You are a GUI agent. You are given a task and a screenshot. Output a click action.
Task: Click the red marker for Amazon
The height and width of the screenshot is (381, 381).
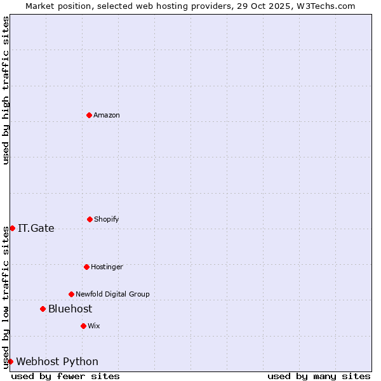pyautogui.click(x=90, y=115)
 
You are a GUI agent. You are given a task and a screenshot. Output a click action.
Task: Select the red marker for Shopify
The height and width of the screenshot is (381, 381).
pyautogui.click(x=90, y=219)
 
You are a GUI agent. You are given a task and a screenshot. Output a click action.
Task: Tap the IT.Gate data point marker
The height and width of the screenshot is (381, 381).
pyautogui.click(x=12, y=228)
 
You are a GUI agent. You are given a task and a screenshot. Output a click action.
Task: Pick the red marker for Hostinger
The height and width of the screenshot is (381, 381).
pyautogui.click(x=86, y=267)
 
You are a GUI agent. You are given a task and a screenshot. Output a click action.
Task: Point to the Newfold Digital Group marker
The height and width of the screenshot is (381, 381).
pyautogui.click(x=71, y=294)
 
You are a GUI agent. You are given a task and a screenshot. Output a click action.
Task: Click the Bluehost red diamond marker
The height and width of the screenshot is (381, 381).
pyautogui.click(x=43, y=309)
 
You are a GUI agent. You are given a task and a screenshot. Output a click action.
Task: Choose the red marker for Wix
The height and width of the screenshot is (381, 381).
pyautogui.click(x=83, y=326)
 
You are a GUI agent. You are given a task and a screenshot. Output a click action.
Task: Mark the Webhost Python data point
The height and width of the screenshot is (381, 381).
pyautogui.click(x=10, y=361)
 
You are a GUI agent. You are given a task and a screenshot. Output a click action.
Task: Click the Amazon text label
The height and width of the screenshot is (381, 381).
pyautogui.click(x=107, y=116)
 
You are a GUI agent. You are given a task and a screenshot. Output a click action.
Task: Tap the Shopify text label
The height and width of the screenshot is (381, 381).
pyautogui.click(x=107, y=220)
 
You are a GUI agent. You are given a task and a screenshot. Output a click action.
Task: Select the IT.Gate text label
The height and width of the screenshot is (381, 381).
pyautogui.click(x=36, y=229)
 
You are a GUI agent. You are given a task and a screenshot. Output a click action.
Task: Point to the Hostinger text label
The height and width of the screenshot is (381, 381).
pyautogui.click(x=107, y=267)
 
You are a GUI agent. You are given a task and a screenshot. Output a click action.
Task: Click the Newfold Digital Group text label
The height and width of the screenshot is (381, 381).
pyautogui.click(x=112, y=295)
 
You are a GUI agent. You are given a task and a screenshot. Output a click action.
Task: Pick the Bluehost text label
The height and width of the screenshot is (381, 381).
pyautogui.click(x=70, y=309)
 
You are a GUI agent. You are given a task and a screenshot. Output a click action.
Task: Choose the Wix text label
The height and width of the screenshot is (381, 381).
pyautogui.click(x=94, y=326)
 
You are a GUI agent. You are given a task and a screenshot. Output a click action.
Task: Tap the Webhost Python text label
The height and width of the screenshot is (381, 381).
pyautogui.click(x=57, y=362)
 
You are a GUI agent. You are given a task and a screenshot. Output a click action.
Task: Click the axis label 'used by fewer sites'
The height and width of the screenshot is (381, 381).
pyautogui.click(x=65, y=376)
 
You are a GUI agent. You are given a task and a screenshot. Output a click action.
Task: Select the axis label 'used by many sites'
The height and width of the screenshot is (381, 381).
pyautogui.click(x=319, y=376)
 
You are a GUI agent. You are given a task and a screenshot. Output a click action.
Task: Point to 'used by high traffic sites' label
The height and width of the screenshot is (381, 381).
pyautogui.click(x=6, y=90)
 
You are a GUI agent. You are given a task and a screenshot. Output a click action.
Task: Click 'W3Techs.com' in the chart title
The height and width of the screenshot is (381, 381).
pyautogui.click(x=323, y=6)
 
